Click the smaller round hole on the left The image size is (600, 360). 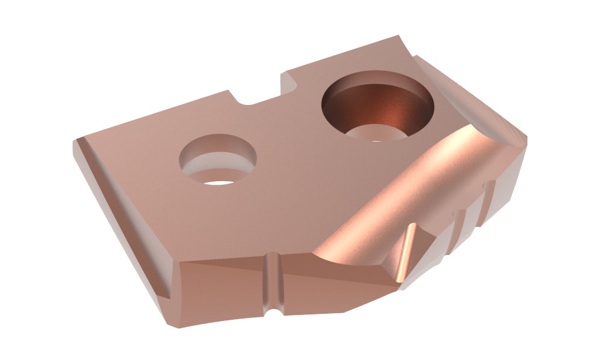[218, 160]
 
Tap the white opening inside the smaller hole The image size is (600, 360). [219, 178]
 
